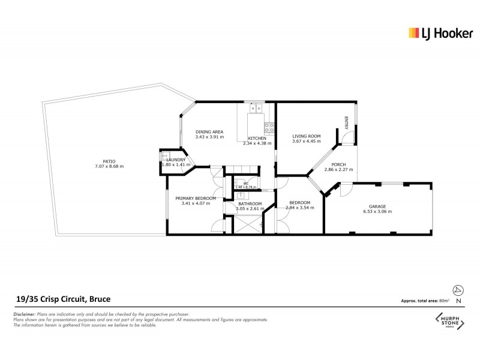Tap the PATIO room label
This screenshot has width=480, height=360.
pos(109,160)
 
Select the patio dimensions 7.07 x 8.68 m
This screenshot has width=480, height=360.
pos(109,166)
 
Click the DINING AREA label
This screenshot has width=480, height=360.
pos(209,131)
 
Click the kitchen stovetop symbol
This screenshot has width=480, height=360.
pos(269,127)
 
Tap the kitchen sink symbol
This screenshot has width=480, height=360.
pos(257,109)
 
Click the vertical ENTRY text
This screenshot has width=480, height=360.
pos(346,122)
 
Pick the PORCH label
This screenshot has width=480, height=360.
pos(334,164)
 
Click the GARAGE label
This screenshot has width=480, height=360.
pos(377,206)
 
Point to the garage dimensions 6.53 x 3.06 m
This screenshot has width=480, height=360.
pos(377,212)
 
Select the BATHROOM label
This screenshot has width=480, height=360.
pos(250,204)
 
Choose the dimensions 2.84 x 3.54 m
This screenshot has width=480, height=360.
pos(299,208)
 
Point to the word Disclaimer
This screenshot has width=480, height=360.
pos(24,314)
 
